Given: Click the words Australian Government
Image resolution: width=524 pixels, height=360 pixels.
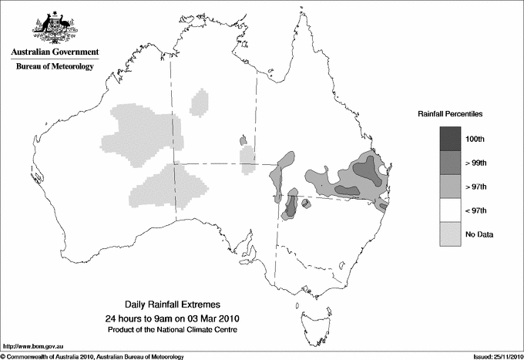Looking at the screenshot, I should (x=54, y=52).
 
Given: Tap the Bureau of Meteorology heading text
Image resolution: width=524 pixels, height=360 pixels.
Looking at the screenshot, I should (x=54, y=67).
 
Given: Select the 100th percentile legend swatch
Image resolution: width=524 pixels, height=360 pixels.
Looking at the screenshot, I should (x=448, y=139).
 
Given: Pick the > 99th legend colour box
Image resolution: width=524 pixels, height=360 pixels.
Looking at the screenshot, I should (x=448, y=163).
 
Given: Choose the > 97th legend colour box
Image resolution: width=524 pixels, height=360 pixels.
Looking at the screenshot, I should (x=448, y=187).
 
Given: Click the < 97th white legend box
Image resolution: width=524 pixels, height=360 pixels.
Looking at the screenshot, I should (x=448, y=210).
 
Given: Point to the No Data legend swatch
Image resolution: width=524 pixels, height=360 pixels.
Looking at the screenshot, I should (x=448, y=234).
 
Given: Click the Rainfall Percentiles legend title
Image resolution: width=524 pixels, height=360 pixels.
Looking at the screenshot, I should (x=450, y=114).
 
